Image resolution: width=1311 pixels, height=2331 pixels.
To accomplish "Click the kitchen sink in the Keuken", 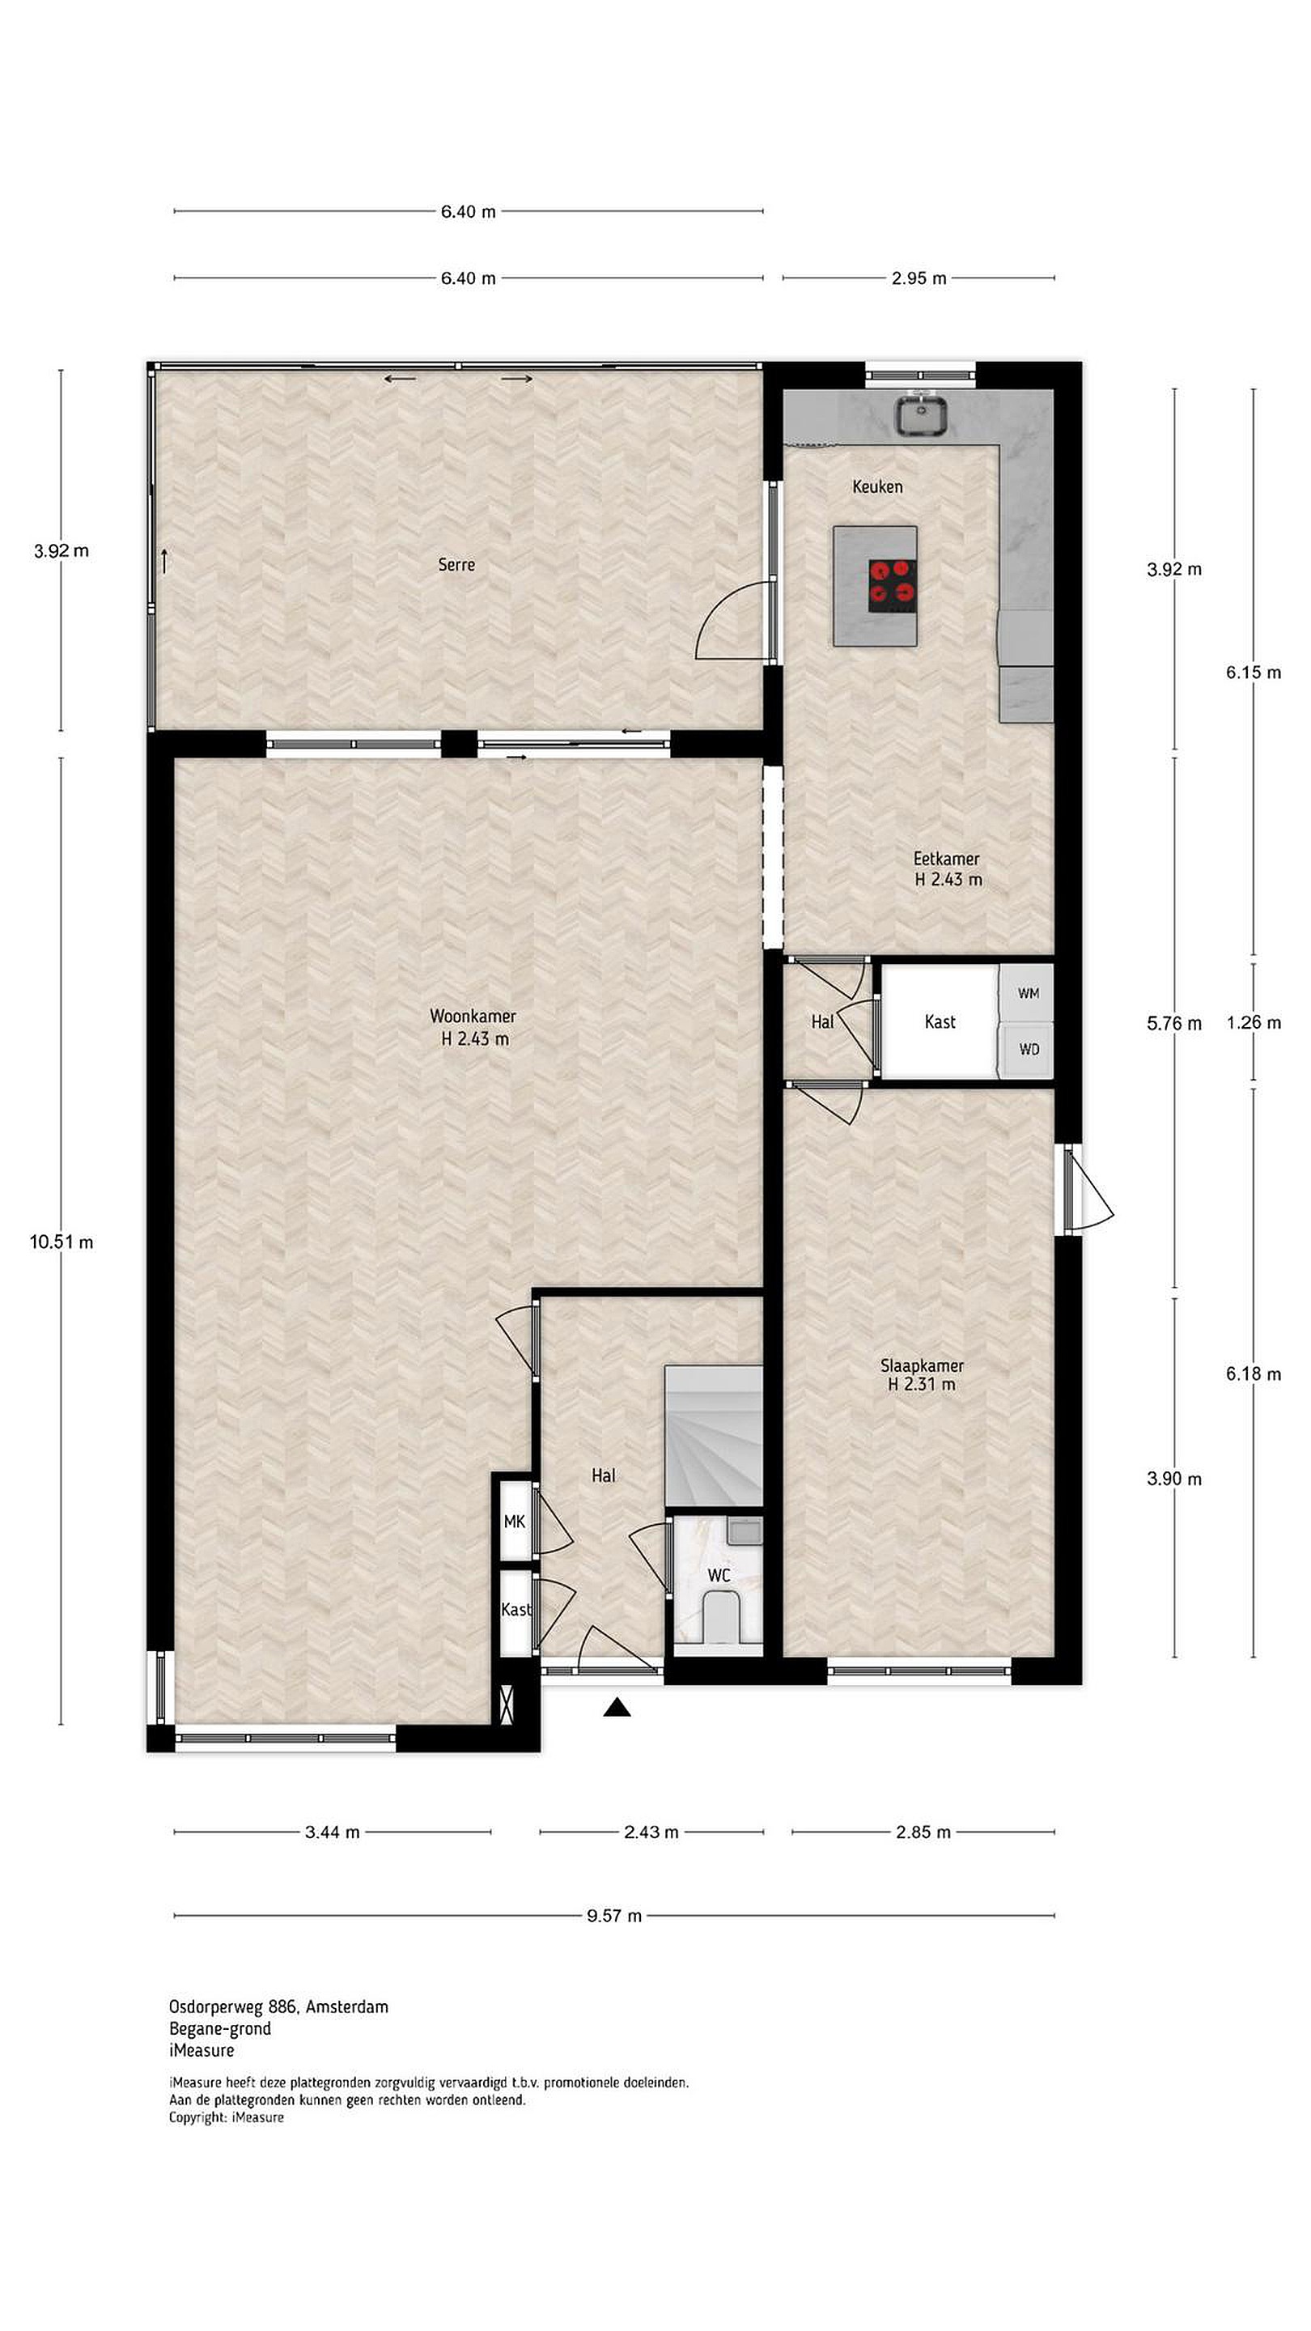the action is [x=922, y=415].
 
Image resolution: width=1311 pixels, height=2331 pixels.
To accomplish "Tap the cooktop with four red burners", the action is [x=893, y=585].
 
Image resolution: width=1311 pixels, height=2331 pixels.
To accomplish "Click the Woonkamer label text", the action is [x=473, y=1017].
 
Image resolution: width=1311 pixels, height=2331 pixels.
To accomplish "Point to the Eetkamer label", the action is [x=946, y=859].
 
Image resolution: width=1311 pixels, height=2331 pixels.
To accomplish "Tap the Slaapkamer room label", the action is [x=922, y=1365].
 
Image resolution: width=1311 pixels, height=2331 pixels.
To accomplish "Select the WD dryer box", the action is [x=1027, y=1050].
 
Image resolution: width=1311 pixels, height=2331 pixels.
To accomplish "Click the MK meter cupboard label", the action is [x=514, y=1522].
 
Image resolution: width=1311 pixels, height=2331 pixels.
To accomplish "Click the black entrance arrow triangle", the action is [x=617, y=1707].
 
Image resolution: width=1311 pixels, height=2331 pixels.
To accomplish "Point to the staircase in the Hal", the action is [x=714, y=1436].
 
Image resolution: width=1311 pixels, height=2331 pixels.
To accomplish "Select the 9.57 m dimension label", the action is [x=614, y=1916].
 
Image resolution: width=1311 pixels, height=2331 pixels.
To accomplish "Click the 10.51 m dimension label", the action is [x=62, y=1242].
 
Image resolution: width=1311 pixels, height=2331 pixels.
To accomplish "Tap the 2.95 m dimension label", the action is [x=919, y=278].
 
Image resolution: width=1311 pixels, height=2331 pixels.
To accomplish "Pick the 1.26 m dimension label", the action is [x=1254, y=1022].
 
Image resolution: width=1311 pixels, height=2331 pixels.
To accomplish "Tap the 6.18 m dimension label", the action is [x=1254, y=1374].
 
